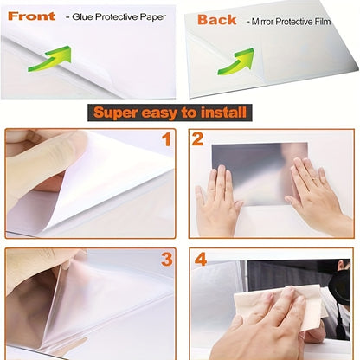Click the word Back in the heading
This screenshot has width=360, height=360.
tap(216, 19)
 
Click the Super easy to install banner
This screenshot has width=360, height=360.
tap(170, 112)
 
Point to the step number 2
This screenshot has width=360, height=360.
tap(197, 139)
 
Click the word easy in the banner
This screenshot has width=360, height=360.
tap(170, 112)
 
